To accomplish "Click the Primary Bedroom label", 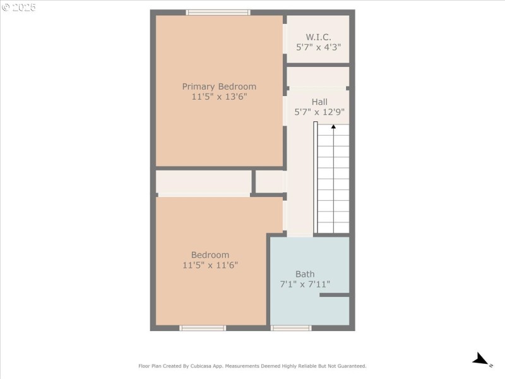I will point(219,87).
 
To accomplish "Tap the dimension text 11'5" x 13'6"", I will point(219,97).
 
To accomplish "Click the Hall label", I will point(319,102).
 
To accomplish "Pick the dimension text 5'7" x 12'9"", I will point(319,112).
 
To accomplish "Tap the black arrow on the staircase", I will point(333,127).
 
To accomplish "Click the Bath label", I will point(305,274).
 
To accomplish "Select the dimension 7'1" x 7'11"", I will point(305,285).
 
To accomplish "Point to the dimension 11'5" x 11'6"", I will point(210,266).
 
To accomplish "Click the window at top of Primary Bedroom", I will point(218,12).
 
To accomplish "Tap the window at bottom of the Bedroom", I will point(203,328).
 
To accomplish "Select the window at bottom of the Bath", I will point(291,328).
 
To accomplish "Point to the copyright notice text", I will point(19,8).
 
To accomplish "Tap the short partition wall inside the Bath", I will point(335,295).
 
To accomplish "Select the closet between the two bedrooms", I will point(203,182).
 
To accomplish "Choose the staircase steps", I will point(333,180).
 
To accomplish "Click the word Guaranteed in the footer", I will point(350,366).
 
